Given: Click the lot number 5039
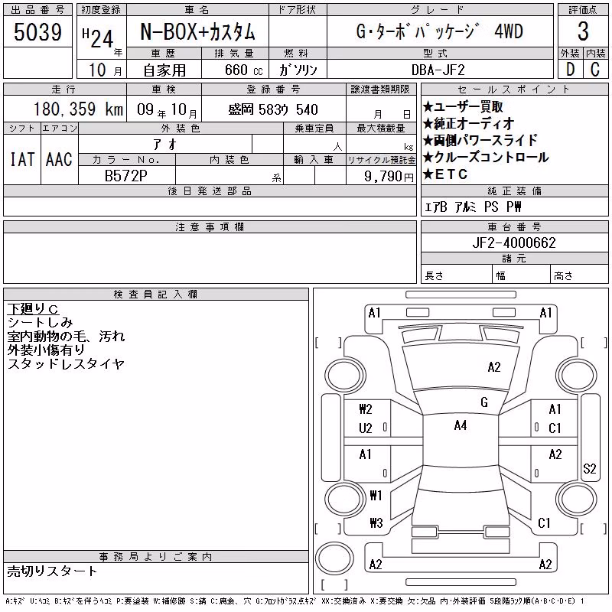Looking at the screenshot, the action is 37,32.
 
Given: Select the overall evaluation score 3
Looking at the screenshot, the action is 583,31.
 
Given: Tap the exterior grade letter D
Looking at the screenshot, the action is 570,70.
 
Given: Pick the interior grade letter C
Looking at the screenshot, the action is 595,70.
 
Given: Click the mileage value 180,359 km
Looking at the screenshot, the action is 78,109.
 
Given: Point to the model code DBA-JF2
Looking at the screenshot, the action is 438,70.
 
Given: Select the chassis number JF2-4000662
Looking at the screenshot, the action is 513,243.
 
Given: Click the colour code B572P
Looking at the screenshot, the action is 125,176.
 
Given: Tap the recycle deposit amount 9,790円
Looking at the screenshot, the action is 389,177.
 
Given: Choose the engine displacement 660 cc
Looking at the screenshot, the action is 243,70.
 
